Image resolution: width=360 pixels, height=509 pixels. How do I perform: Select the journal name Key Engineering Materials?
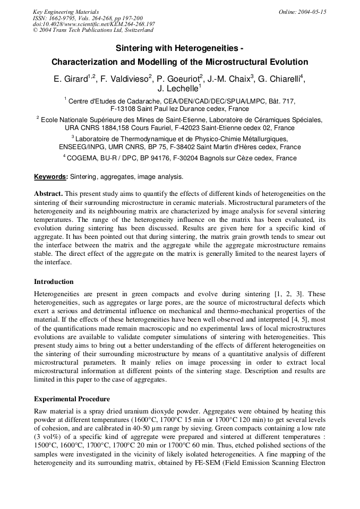66,12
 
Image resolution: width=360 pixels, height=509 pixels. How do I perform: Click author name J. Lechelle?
178,89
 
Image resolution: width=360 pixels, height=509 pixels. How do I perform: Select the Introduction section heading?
54,281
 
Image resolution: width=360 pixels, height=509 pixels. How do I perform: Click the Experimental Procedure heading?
72,399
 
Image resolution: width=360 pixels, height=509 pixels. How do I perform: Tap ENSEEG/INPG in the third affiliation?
84,147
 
